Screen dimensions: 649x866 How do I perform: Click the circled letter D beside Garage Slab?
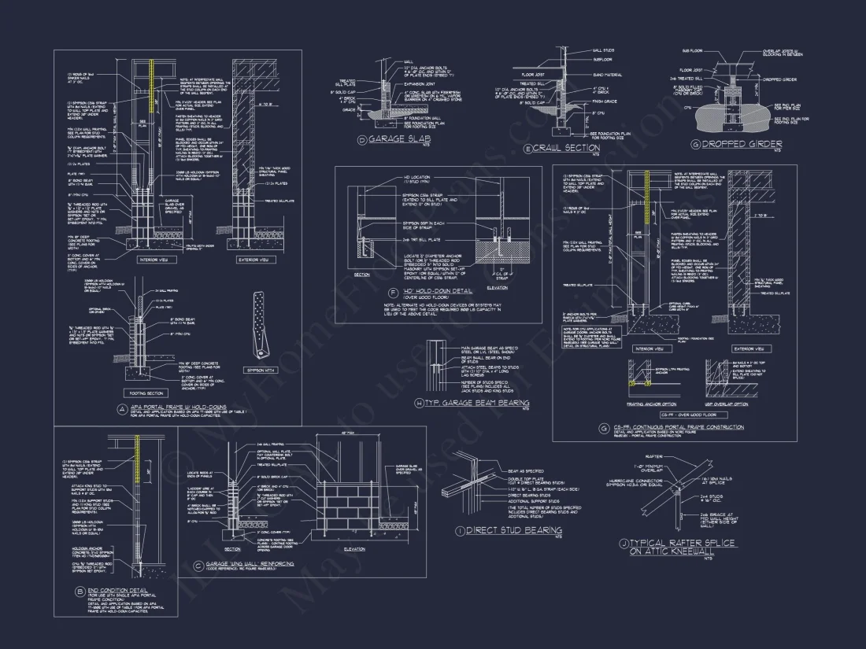pos(362,141)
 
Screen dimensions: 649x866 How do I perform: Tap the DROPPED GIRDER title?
pos(730,144)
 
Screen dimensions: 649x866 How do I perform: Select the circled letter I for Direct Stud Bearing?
pos(460,531)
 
